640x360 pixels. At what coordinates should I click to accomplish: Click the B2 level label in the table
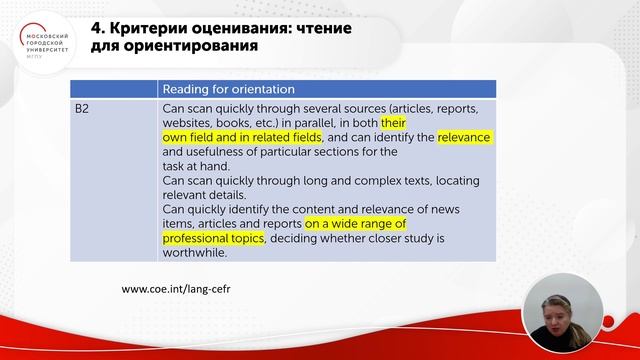click(84, 106)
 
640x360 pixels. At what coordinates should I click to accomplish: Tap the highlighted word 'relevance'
click(464, 136)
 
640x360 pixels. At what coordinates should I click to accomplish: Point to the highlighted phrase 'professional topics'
click(213, 239)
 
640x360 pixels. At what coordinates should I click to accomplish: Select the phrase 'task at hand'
click(195, 166)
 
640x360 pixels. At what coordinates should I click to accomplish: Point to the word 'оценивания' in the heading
click(239, 27)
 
